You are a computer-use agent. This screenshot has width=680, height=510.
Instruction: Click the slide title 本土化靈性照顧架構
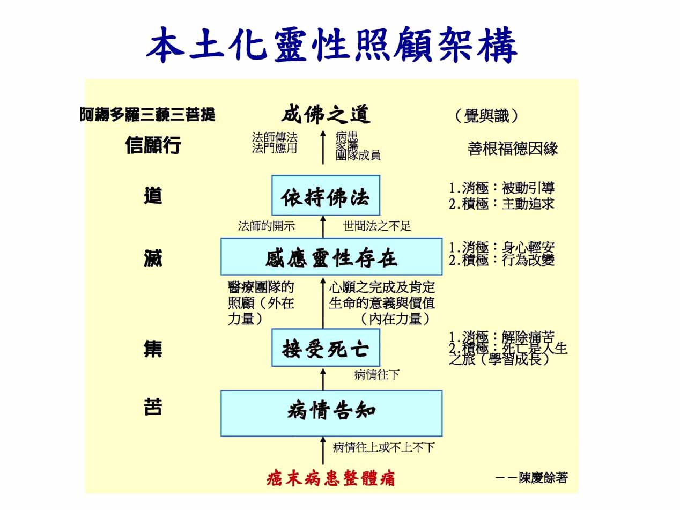click(x=332, y=45)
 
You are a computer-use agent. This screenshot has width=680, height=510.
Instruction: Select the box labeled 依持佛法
click(x=326, y=196)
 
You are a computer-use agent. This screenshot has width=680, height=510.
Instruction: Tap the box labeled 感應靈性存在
click(x=331, y=257)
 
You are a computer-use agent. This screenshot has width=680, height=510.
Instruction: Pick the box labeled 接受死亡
click(x=326, y=349)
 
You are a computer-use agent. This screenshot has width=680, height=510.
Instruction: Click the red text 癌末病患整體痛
click(x=330, y=478)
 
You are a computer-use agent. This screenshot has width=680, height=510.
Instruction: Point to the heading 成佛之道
click(x=326, y=114)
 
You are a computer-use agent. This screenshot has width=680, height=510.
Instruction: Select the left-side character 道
click(x=153, y=196)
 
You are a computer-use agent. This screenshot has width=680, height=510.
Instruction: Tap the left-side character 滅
click(x=153, y=258)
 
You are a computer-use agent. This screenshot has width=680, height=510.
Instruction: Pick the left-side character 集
click(x=153, y=349)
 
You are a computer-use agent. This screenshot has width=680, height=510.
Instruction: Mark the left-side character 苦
click(x=153, y=408)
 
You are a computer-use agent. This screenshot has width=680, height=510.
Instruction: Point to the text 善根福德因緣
click(x=513, y=149)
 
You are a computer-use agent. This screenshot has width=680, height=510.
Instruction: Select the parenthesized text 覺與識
click(x=486, y=116)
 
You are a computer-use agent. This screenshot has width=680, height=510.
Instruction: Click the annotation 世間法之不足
click(x=377, y=226)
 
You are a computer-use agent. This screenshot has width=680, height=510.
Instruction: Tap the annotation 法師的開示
click(x=267, y=226)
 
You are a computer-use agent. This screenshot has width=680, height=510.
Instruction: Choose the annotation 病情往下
click(x=377, y=374)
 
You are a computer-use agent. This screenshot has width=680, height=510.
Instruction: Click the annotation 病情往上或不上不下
click(x=383, y=447)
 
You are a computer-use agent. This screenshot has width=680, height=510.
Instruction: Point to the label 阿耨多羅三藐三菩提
click(x=147, y=115)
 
